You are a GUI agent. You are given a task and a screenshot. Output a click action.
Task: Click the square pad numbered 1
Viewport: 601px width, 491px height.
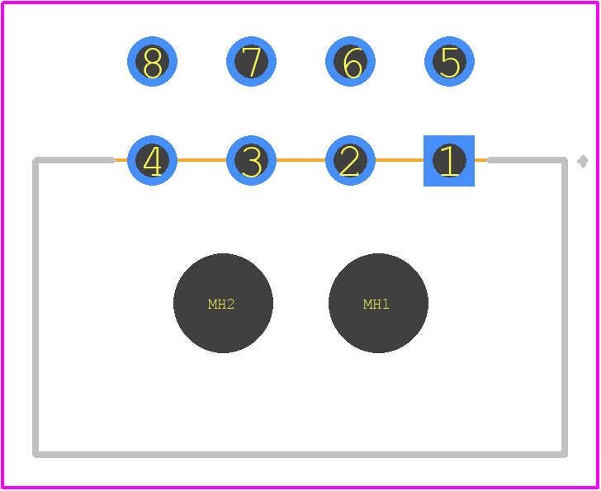tap(449, 160)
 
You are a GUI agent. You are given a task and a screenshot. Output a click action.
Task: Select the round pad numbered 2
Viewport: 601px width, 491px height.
tap(350, 160)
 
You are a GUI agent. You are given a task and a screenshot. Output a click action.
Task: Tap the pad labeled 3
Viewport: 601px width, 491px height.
tap(251, 160)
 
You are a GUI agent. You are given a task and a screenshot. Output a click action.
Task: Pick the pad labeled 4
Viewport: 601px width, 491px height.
tap(152, 160)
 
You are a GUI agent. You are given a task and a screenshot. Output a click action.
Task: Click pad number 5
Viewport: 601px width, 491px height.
tap(449, 61)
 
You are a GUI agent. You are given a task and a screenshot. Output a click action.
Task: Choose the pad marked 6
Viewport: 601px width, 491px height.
tap(350, 61)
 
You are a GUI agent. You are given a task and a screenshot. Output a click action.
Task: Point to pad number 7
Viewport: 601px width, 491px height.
tap(251, 61)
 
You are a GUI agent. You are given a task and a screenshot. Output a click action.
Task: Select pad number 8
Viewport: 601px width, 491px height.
tap(152, 61)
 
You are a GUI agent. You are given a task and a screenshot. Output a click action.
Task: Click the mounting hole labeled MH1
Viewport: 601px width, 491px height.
tap(378, 303)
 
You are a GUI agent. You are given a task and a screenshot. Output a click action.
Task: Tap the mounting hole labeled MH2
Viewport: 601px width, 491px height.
tap(223, 303)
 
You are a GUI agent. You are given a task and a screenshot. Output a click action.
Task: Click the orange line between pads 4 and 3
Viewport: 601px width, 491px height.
tap(201, 160)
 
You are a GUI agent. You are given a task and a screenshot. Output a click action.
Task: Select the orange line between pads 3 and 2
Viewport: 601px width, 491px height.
tap(300, 160)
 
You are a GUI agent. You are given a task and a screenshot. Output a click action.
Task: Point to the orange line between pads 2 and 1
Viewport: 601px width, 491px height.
tap(400, 160)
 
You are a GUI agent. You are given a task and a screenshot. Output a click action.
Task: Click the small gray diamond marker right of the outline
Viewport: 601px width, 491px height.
tap(583, 161)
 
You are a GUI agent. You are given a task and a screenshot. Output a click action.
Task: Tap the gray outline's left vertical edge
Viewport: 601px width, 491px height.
tap(35, 307)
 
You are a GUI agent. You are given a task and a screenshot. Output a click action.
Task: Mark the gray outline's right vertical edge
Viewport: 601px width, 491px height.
tap(565, 307)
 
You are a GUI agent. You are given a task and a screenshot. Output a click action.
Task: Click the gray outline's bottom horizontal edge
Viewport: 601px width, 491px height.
tap(300, 455)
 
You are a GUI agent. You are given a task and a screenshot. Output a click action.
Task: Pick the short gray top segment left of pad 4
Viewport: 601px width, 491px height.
tap(73, 160)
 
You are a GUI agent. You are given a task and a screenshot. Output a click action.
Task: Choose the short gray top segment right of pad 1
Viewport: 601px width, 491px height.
tap(527, 160)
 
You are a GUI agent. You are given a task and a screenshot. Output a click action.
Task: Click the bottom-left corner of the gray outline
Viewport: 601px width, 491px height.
tap(35, 455)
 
